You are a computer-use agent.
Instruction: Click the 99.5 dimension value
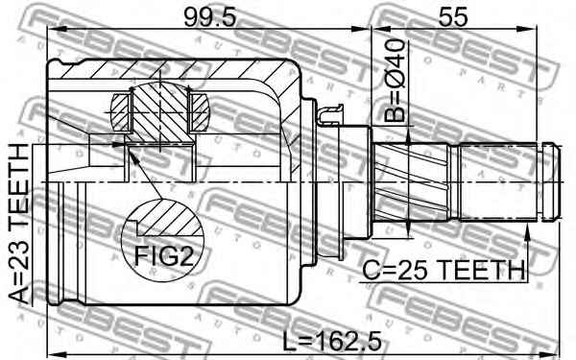[209, 17]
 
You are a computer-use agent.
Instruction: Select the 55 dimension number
[453, 17]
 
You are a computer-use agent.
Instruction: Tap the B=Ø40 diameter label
[395, 80]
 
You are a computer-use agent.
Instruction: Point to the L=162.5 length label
[332, 340]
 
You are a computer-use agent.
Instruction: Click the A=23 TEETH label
[18, 224]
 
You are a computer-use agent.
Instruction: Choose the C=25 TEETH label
[444, 270]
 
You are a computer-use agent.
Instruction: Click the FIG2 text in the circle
[163, 255]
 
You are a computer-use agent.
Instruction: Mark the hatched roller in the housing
[160, 112]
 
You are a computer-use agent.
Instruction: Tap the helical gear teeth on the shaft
[410, 182]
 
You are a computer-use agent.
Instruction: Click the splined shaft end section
[497, 182]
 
